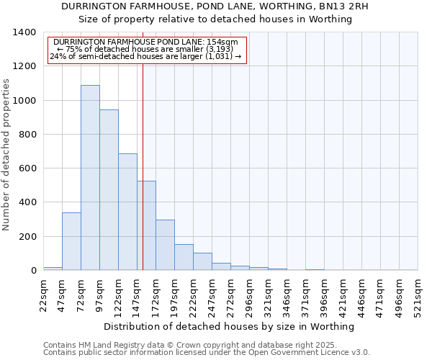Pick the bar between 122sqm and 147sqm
click(x=127, y=212)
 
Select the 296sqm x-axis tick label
click(x=249, y=295)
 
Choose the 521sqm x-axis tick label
click(x=418, y=295)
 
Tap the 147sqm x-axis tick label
click(x=137, y=295)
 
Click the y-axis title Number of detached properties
click(x=6, y=151)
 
